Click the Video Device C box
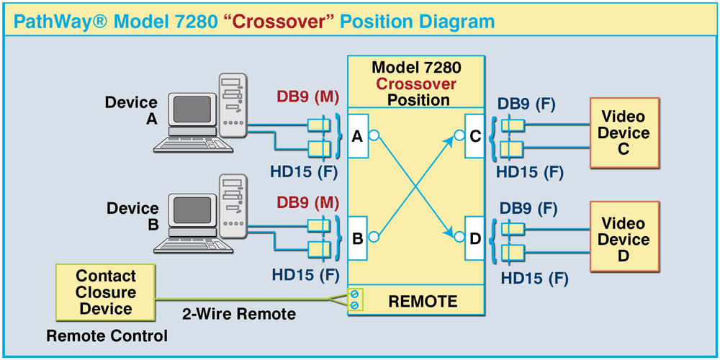pyautogui.click(x=624, y=133)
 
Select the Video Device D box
pyautogui.click(x=624, y=239)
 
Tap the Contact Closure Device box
pyautogui.click(x=106, y=292)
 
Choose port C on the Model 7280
pyautogui.click(x=475, y=135)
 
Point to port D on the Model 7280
pyautogui.click(x=475, y=236)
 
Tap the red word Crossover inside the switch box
pyautogui.click(x=416, y=84)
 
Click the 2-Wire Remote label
pyautogui.click(x=238, y=315)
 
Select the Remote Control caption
pyautogui.click(x=107, y=336)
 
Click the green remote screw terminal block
pyautogui.click(x=354, y=300)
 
